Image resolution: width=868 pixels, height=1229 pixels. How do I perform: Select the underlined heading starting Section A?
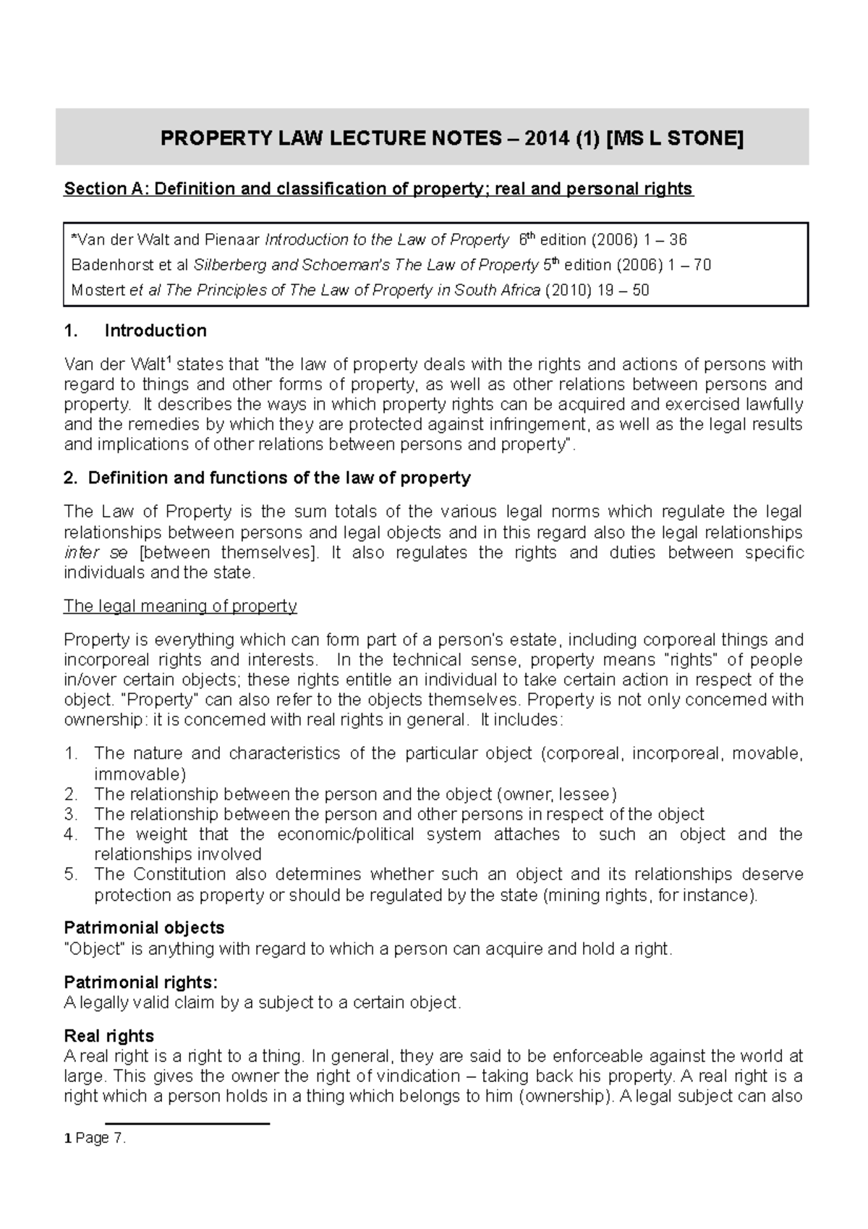[378, 189]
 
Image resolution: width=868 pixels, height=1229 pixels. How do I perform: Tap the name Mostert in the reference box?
[97, 290]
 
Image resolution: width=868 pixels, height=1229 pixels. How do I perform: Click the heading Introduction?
[156, 331]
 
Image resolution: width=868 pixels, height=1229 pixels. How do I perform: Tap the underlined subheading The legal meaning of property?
[180, 606]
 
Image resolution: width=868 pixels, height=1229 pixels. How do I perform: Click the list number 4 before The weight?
[70, 834]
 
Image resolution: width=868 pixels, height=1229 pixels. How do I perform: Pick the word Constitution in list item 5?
[179, 874]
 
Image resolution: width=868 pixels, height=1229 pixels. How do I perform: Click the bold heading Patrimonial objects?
[144, 928]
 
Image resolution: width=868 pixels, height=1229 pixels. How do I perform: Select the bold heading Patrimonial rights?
[140, 982]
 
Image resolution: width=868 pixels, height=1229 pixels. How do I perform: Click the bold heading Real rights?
[109, 1036]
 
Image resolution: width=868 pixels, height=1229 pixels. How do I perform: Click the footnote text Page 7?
[100, 1139]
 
